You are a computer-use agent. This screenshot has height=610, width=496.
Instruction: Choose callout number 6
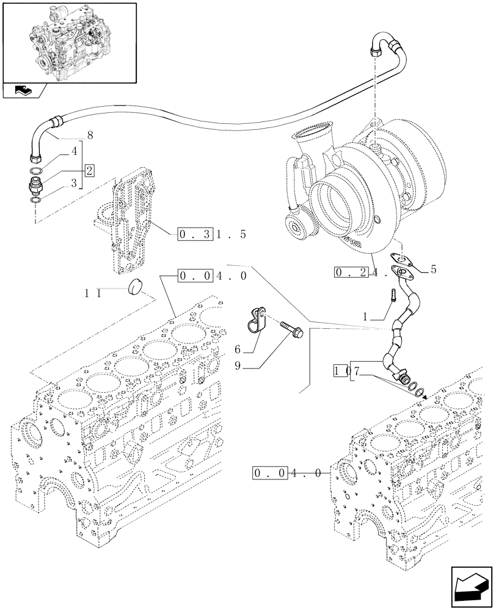pyautogui.click(x=238, y=350)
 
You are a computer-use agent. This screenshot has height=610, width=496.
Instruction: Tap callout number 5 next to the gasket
pyautogui.click(x=433, y=269)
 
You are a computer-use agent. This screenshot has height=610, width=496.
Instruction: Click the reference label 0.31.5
pyautogui.click(x=211, y=234)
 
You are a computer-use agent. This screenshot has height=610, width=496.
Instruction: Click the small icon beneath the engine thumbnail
pyautogui.click(x=24, y=91)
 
